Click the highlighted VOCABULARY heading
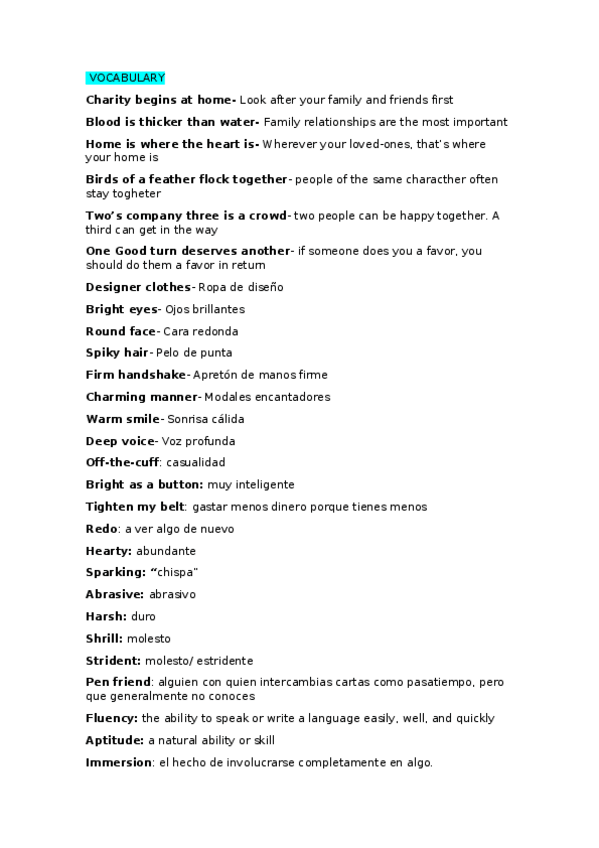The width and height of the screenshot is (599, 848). pos(126,78)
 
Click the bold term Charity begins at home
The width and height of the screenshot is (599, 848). pos(159,100)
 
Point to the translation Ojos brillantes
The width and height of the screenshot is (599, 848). pos(204,309)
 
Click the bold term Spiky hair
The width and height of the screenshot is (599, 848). pos(117,353)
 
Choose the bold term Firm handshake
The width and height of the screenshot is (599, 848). pos(136,375)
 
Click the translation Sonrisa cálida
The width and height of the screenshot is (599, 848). pos(205,419)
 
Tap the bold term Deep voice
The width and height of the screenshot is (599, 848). pos(121,441)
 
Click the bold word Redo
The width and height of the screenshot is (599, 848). pos(102,529)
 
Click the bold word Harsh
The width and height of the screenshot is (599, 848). pos(105,617)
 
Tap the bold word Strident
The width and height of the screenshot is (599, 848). pos(112,661)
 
